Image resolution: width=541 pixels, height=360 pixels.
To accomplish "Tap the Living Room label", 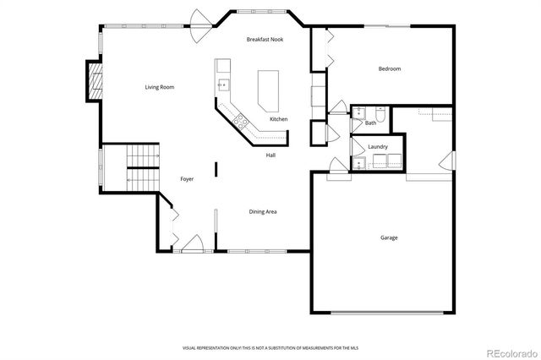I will (x=159, y=87).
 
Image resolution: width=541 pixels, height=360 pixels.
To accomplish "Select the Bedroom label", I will (x=389, y=68).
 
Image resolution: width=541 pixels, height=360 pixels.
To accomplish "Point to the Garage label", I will (x=388, y=237).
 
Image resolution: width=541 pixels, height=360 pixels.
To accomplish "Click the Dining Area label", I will (x=262, y=211).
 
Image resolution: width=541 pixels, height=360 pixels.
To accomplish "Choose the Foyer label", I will (x=188, y=179).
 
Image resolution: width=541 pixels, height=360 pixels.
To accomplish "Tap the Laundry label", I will (x=377, y=147).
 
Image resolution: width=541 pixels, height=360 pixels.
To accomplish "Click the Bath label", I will (x=371, y=123).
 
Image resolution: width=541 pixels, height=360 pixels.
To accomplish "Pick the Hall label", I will (x=270, y=155).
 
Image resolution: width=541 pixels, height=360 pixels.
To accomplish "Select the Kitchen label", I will (x=278, y=119).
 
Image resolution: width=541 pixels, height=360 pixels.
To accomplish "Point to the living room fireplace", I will (x=95, y=80).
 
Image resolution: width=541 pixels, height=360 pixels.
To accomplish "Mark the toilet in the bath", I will (x=379, y=115).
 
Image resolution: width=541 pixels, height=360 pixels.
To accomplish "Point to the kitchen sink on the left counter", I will (x=223, y=83).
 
